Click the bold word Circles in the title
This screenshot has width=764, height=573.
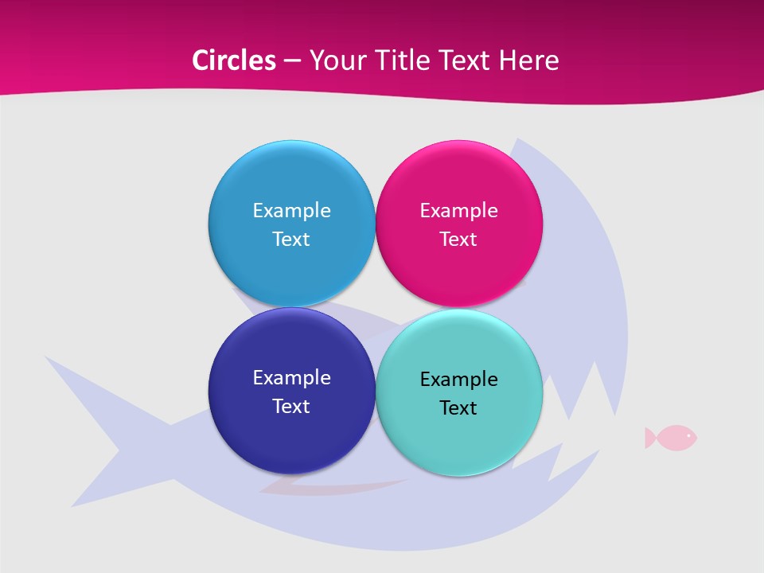coord(233,60)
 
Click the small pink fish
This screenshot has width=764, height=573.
coord(673,437)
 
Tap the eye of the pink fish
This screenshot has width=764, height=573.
coord(688,435)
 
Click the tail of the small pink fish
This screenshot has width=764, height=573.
coord(650,437)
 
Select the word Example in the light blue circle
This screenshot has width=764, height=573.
coord(291,210)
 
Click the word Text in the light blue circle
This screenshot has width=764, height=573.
coord(291,239)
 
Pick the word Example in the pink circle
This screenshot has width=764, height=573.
coord(458,210)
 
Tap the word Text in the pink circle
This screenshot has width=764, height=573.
coord(458,239)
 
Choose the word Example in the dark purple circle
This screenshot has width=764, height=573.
coord(291,377)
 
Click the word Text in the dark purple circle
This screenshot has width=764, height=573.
coord(291,406)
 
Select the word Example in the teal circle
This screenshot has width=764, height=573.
coord(458,379)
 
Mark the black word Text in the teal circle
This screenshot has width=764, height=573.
coord(458,407)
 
